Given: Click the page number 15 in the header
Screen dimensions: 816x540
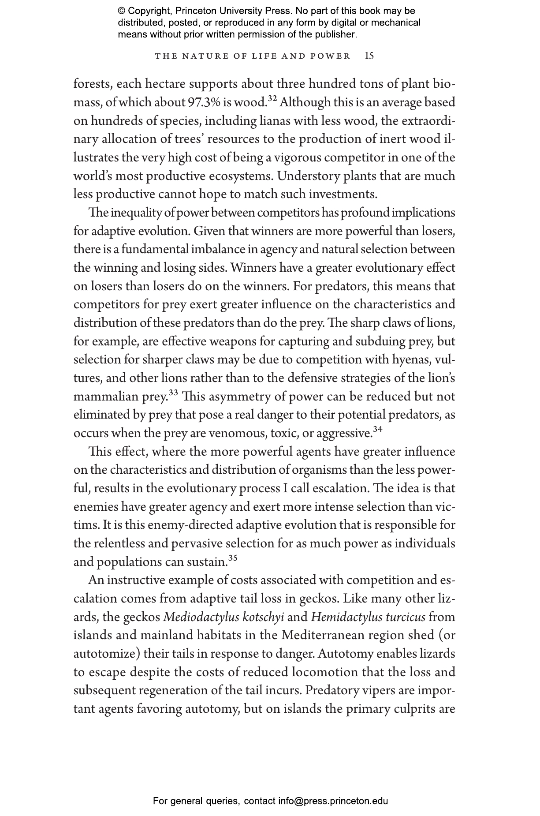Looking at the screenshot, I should [x=369, y=56].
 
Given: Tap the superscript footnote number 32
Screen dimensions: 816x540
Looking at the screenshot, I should [x=272, y=99].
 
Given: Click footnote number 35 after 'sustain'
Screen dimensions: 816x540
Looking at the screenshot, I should [x=233, y=558].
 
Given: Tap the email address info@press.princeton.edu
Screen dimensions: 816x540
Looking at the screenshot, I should [x=333, y=801].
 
